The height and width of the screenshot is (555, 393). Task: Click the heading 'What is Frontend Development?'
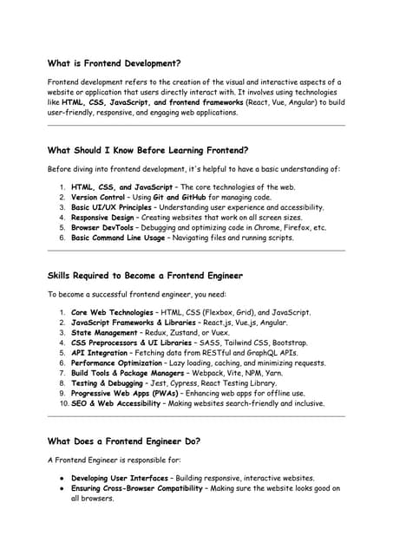(x=114, y=63)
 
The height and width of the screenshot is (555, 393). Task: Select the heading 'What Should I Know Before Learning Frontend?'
(x=147, y=149)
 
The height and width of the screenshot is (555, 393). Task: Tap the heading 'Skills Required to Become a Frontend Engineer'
(x=145, y=276)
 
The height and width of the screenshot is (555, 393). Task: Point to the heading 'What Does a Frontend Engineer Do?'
(x=124, y=441)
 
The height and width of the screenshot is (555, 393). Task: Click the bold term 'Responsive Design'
(x=102, y=218)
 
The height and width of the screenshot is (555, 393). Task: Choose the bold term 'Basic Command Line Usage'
(x=120, y=238)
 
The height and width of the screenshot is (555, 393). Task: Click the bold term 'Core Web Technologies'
(x=114, y=312)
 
